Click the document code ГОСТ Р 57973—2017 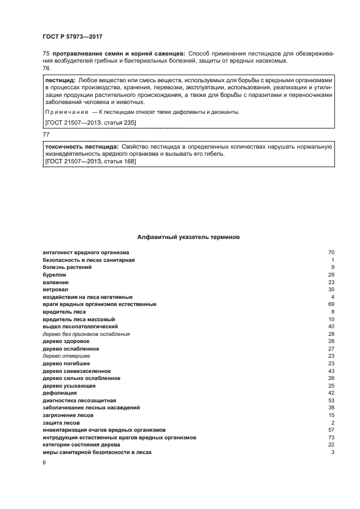72,36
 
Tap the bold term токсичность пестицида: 82,147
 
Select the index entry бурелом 54,275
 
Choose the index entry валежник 56,283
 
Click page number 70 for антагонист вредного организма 331,253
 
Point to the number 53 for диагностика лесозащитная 331,400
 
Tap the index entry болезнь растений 67,268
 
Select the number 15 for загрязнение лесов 331,415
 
